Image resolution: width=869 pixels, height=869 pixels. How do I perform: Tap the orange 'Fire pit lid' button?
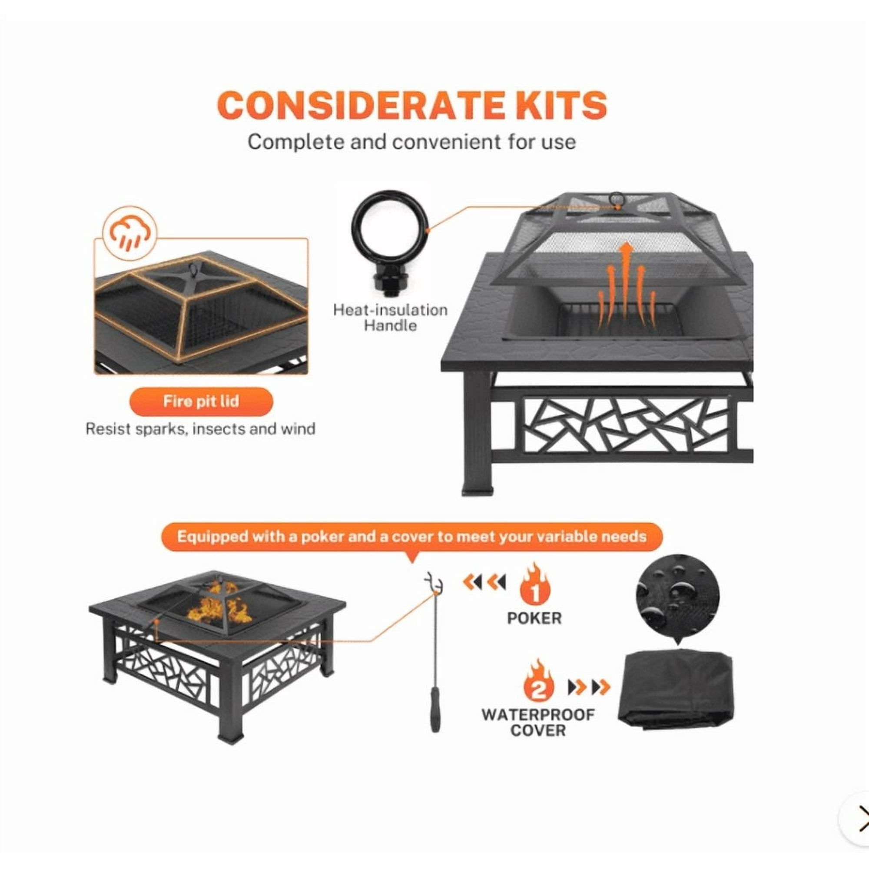pos(201,401)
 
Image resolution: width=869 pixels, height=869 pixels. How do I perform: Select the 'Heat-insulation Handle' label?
pos(390,318)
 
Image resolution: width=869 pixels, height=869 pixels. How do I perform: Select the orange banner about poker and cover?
pos(411,537)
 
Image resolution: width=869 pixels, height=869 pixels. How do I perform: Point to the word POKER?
pos(534,618)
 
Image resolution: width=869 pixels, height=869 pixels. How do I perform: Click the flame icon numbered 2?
pos(538,685)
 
